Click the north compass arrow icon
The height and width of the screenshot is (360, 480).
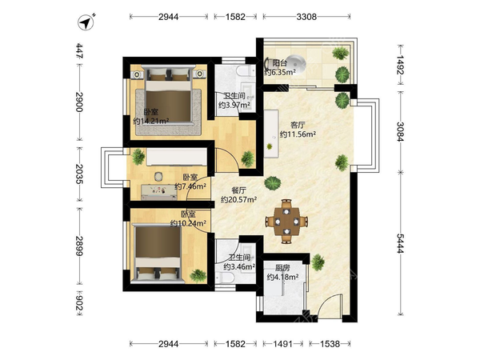pyautogui.click(x=86, y=22)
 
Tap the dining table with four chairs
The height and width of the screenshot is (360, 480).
pyautogui.click(x=286, y=221)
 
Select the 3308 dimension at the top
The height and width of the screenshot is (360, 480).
pyautogui.click(x=306, y=17)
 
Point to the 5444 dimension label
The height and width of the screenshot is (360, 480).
pyautogui.click(x=400, y=243)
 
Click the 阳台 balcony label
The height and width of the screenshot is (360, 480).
pyautogui.click(x=280, y=63)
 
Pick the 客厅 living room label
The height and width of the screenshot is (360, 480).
pyautogui.click(x=298, y=125)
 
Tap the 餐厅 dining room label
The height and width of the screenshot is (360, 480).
pyautogui.click(x=238, y=190)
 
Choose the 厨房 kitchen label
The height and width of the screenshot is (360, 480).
pyautogui.click(x=282, y=268)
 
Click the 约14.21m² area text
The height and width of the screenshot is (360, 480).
pyautogui.click(x=151, y=122)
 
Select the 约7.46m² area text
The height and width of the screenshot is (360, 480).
pyautogui.click(x=190, y=186)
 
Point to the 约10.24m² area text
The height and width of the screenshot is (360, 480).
pyautogui.click(x=188, y=223)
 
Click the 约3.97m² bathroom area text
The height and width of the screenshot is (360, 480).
pyautogui.click(x=234, y=106)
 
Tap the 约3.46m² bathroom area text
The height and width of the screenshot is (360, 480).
pyautogui.click(x=239, y=266)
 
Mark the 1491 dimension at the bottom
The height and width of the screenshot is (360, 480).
pyautogui.click(x=283, y=344)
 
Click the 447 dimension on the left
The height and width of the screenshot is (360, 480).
pyautogui.click(x=79, y=50)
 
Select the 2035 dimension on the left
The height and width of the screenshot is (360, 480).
pyautogui.click(x=79, y=174)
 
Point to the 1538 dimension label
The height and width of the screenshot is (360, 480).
pyautogui.click(x=330, y=344)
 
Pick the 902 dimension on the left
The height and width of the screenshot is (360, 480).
pyautogui.click(x=79, y=302)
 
